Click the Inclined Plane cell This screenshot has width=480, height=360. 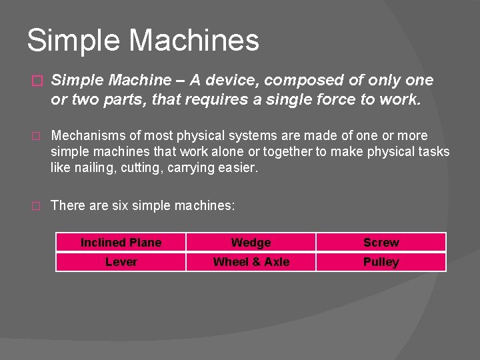[121, 243]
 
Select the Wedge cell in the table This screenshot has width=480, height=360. [251, 243]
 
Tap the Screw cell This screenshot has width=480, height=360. [381, 243]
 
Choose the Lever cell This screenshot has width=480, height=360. [121, 262]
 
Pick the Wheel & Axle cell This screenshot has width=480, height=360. [251, 262]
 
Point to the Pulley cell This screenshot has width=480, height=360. [381, 262]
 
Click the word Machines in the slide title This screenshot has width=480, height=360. [193, 40]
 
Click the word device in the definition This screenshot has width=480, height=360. [233, 81]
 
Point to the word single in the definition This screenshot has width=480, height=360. [293, 99]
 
